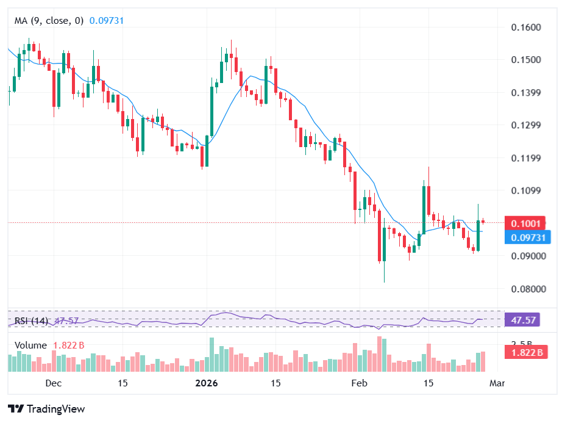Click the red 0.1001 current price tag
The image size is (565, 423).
tap(527, 223)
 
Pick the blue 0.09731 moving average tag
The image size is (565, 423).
tap(528, 237)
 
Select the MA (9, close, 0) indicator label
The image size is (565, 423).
tap(49, 20)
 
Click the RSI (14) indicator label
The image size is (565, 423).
tap(32, 320)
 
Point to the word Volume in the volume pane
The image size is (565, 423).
tap(30, 345)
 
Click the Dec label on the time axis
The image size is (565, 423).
tap(54, 383)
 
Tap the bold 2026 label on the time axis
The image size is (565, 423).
tap(206, 383)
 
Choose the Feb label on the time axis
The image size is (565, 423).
tap(360, 383)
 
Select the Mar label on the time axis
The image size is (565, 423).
tap(497, 383)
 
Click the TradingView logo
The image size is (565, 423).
tap(46, 408)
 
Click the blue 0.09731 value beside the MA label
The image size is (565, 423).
tap(107, 20)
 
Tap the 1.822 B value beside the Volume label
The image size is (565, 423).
tap(69, 345)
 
